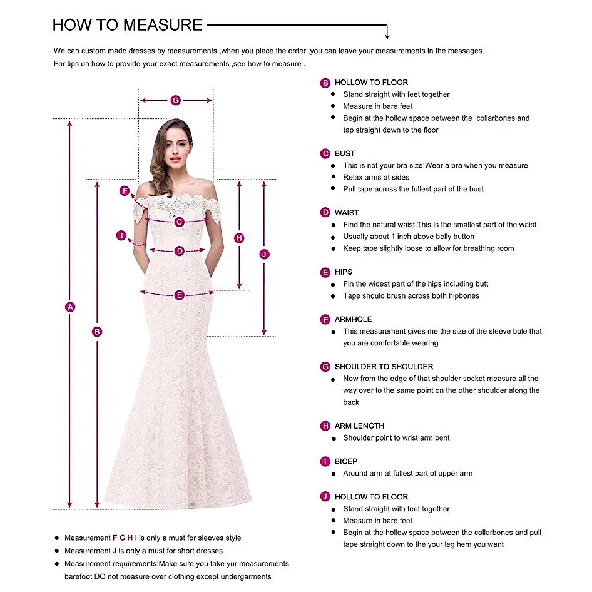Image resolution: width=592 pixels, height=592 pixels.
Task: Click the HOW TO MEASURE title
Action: (128, 25)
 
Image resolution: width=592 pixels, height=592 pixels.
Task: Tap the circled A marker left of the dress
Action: (70, 307)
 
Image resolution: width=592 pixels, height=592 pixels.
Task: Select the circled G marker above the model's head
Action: (176, 100)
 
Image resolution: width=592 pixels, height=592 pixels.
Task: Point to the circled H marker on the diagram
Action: (239, 238)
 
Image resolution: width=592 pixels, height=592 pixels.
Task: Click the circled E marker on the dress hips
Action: (180, 295)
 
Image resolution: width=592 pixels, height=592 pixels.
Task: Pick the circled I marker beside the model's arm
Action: (122, 236)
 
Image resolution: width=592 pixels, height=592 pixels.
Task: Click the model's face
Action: (176, 148)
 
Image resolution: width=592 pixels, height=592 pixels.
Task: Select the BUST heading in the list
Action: (345, 153)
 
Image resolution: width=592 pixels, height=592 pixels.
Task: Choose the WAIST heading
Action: (347, 213)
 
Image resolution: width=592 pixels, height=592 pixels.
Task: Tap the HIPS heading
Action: (344, 272)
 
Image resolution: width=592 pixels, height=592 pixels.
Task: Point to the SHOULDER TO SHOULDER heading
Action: (384, 367)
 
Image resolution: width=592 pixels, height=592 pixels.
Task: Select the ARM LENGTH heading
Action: (359, 426)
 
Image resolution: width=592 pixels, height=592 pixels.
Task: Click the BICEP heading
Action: (346, 461)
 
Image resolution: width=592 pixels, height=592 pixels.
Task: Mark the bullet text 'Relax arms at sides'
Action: (376, 177)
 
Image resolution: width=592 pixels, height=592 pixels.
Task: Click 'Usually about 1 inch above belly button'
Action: (409, 237)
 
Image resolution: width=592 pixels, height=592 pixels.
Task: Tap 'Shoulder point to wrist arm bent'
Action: (396, 438)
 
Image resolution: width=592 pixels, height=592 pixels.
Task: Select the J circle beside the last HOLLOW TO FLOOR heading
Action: (325, 496)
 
